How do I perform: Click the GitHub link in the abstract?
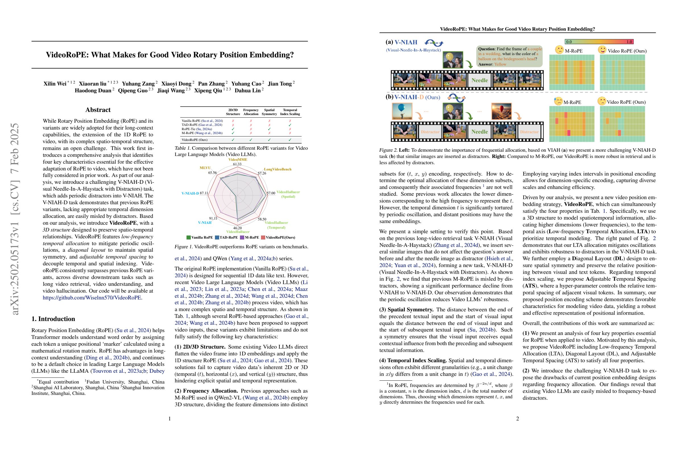click(x=92, y=298)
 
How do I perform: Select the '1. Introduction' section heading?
click(x=53, y=319)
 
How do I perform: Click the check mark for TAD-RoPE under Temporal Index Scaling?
click(x=290, y=125)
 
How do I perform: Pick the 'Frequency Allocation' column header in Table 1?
click(x=250, y=112)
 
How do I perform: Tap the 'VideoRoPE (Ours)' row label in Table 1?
click(x=195, y=140)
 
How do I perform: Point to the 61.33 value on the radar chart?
click(x=237, y=164)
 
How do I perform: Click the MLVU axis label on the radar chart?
click(x=205, y=168)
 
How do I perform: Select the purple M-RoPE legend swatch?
click(x=242, y=238)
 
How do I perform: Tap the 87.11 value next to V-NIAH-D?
click(x=204, y=193)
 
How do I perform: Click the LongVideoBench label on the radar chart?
click(x=277, y=169)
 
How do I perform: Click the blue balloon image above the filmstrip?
click(x=402, y=111)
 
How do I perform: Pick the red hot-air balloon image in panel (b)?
click(x=501, y=111)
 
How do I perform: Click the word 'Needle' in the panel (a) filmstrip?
click(x=480, y=80)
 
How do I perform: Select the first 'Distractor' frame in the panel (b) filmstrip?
click(x=430, y=132)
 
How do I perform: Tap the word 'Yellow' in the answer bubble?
click(x=500, y=64)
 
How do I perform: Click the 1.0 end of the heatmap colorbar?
click(x=629, y=42)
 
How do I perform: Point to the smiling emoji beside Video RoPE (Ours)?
click(x=602, y=50)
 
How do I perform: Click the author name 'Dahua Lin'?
click(x=247, y=91)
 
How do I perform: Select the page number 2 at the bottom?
click(x=517, y=419)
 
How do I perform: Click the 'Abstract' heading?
click(x=98, y=110)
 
